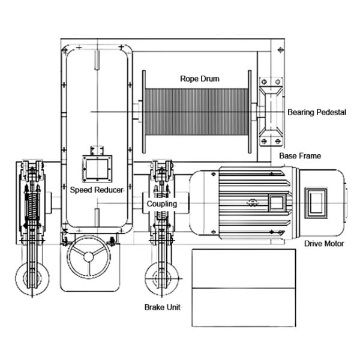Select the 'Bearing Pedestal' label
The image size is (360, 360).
(316, 112)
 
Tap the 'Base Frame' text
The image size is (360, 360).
(300, 156)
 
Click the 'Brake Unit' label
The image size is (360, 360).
(162, 307)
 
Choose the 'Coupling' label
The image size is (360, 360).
(162, 204)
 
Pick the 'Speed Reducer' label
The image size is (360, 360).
(97, 190)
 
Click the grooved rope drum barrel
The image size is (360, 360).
(197, 115)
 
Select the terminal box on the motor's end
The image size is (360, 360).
(317, 203)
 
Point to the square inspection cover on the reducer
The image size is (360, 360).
(96, 167)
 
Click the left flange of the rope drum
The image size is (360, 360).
(143, 112)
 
